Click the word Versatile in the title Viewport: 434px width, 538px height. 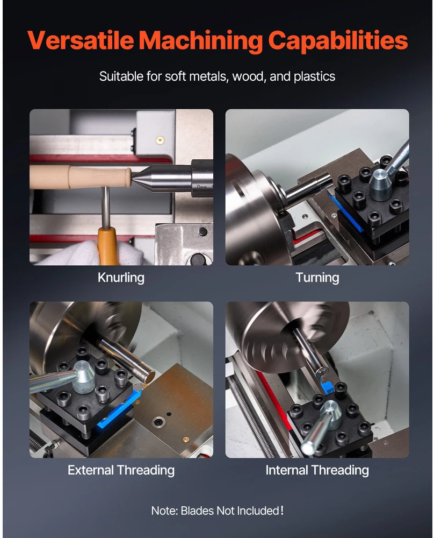(81, 40)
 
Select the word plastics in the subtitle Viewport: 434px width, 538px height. (314, 76)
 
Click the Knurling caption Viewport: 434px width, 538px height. (121, 278)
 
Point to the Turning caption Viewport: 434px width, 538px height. (317, 278)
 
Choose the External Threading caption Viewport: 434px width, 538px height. (121, 470)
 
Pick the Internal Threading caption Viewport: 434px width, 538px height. (317, 470)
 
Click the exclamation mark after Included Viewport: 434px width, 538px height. (282, 510)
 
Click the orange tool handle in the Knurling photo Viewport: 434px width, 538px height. (108, 246)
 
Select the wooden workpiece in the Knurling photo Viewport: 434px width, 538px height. (80, 178)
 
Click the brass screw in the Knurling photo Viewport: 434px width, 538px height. (160, 140)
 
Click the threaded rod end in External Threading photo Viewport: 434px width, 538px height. (149, 377)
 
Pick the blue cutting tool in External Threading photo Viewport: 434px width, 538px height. (119, 410)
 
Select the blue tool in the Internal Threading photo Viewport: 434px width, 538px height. (328, 385)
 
